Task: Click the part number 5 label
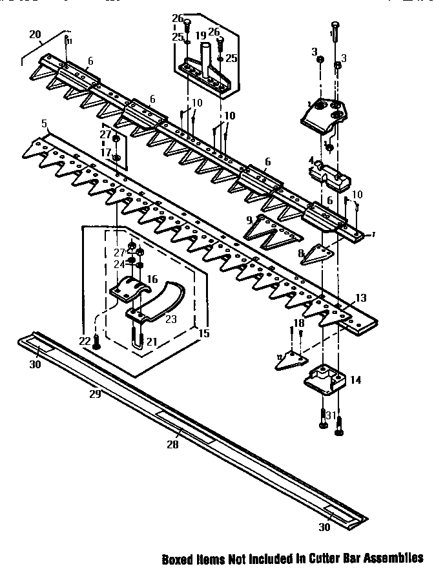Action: [x=44, y=123]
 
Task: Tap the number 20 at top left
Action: [x=35, y=34]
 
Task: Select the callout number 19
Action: [x=200, y=35]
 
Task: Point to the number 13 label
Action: [x=360, y=298]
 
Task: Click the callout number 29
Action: [x=94, y=393]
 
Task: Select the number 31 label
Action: [x=331, y=415]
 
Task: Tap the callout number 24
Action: [x=118, y=264]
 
